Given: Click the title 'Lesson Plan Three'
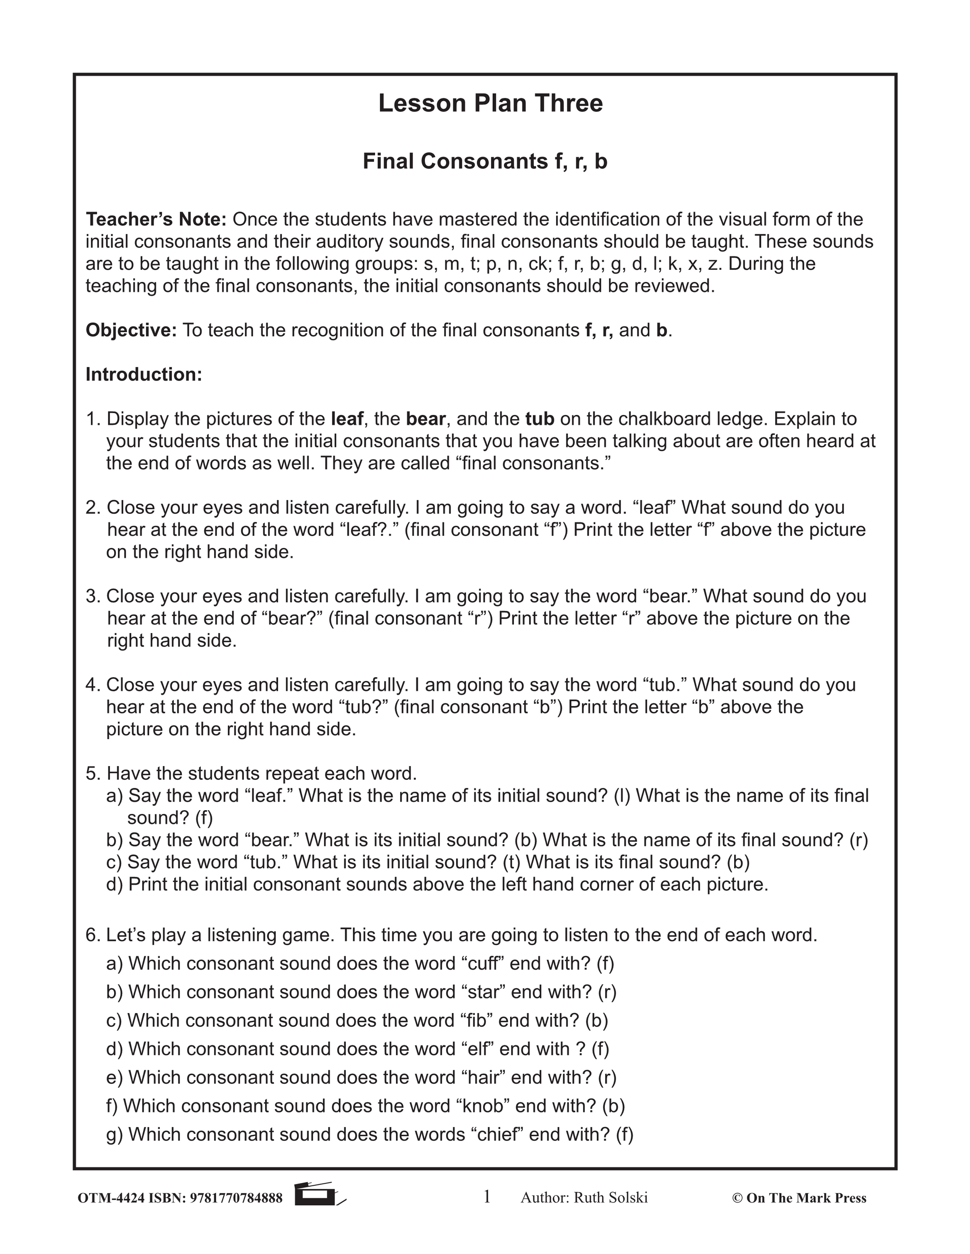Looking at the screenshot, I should click(x=490, y=103).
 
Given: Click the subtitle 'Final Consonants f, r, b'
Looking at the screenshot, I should click(x=485, y=161).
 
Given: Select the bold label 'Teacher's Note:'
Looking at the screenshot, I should click(x=156, y=220).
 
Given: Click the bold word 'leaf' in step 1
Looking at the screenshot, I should click(x=347, y=419).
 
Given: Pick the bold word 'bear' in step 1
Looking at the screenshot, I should click(x=425, y=419).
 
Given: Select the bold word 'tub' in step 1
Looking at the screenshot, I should click(x=539, y=419).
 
